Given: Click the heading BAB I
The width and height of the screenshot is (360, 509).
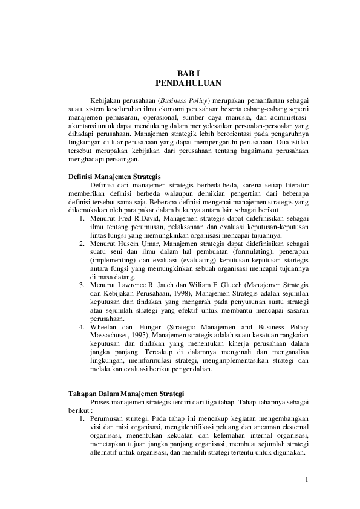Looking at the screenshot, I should (x=180, y=72).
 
